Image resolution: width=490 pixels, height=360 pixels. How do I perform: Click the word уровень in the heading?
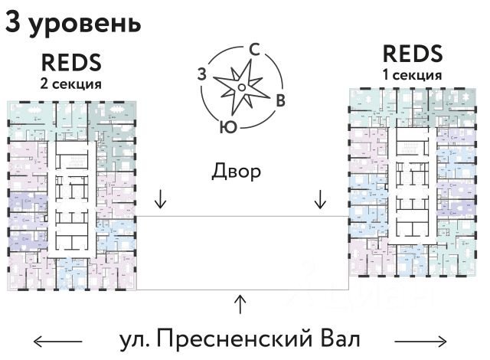pyautogui.click(x=84, y=25)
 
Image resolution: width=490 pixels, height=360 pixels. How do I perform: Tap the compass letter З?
pyautogui.click(x=201, y=74)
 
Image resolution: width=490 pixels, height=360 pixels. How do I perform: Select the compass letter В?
pyautogui.click(x=281, y=99)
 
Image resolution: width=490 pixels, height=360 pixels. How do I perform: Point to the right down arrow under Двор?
pyautogui.click(x=321, y=200)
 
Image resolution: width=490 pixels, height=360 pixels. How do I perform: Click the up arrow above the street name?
pyautogui.click(x=241, y=303)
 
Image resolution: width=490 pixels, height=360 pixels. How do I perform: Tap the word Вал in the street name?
pyautogui.click(x=338, y=339)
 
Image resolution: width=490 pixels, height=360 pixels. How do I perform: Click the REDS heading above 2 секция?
pyautogui.click(x=71, y=61)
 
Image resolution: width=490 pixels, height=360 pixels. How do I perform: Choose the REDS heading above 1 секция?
pyautogui.click(x=412, y=55)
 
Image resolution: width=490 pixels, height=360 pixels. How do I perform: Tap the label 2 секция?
pyautogui.click(x=71, y=83)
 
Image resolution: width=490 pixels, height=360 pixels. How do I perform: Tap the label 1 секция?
pyautogui.click(x=412, y=75)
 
